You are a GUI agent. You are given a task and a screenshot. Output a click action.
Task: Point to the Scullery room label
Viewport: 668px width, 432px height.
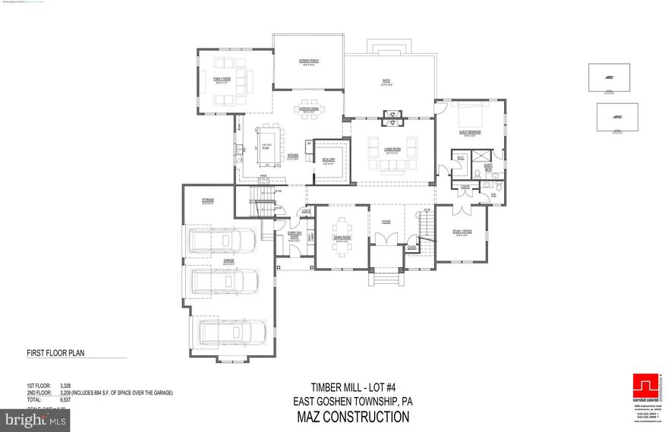click(x=329, y=159)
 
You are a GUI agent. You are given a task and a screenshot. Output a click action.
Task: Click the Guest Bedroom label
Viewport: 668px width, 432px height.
click(x=471, y=131)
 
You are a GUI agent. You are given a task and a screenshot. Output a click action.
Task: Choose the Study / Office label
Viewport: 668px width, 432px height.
click(x=462, y=231)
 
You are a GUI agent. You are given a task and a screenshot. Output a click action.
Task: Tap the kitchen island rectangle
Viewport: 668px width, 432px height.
click(x=266, y=143)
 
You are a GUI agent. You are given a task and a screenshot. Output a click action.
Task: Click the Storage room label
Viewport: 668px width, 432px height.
click(x=207, y=200)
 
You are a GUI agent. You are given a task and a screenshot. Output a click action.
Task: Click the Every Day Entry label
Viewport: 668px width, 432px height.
click(x=295, y=235)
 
